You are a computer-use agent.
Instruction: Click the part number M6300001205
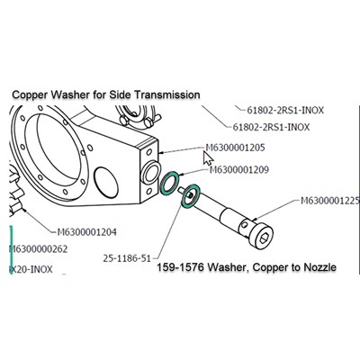(235, 148)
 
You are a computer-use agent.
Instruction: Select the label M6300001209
(239, 170)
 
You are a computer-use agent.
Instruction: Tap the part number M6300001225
(329, 201)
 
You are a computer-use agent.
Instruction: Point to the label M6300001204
(86, 232)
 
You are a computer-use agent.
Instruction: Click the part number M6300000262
(39, 249)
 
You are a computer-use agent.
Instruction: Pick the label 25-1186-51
(127, 258)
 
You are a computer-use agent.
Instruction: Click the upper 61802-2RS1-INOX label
(285, 111)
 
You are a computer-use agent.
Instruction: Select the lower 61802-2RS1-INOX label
(271, 127)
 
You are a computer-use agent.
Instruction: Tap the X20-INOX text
(31, 269)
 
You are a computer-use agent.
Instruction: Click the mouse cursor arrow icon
(208, 158)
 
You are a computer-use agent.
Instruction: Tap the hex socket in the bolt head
(265, 238)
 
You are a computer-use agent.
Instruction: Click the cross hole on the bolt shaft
(245, 224)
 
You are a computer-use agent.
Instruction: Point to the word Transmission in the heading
(166, 94)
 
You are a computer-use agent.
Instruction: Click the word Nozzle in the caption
(319, 266)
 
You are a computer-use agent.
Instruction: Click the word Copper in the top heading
(30, 94)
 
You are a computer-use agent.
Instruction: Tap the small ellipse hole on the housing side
(106, 183)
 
